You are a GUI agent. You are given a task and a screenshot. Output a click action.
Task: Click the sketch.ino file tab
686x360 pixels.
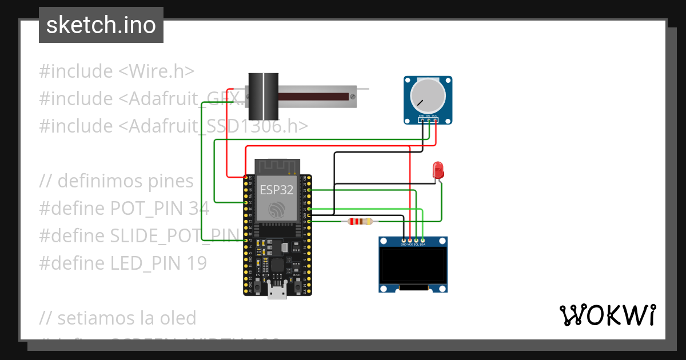pyautogui.click(x=101, y=25)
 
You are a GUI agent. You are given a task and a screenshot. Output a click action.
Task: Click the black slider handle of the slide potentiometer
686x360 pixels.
pyautogui.click(x=263, y=95)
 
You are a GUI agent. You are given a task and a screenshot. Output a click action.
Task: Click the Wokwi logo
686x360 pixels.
pyautogui.click(x=607, y=315)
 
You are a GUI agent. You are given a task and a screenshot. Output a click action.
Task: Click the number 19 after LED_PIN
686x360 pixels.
pyautogui.click(x=196, y=263)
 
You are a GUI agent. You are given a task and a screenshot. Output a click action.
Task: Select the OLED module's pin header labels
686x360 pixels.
pyautogui.click(x=413, y=245)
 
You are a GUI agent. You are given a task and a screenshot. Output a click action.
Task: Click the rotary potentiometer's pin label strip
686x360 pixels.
pyautogui.click(x=428, y=116)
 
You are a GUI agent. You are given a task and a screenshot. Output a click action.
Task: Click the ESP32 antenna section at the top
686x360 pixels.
pyautogui.click(x=277, y=166)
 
